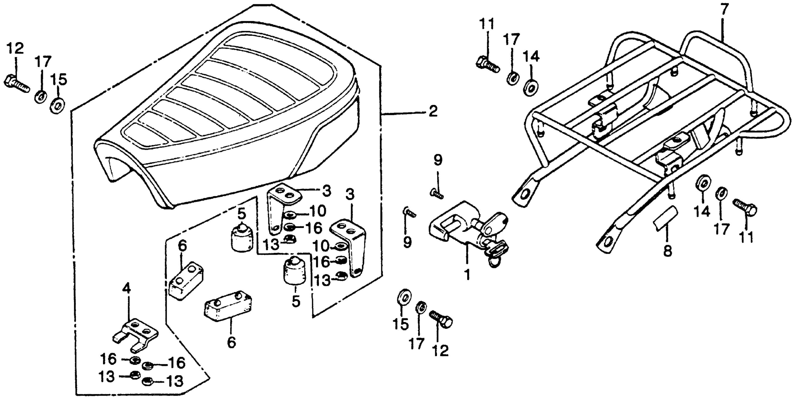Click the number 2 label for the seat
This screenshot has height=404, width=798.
click(433, 111)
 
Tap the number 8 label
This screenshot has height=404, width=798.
click(668, 250)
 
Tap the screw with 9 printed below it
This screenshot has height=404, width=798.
click(409, 213)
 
